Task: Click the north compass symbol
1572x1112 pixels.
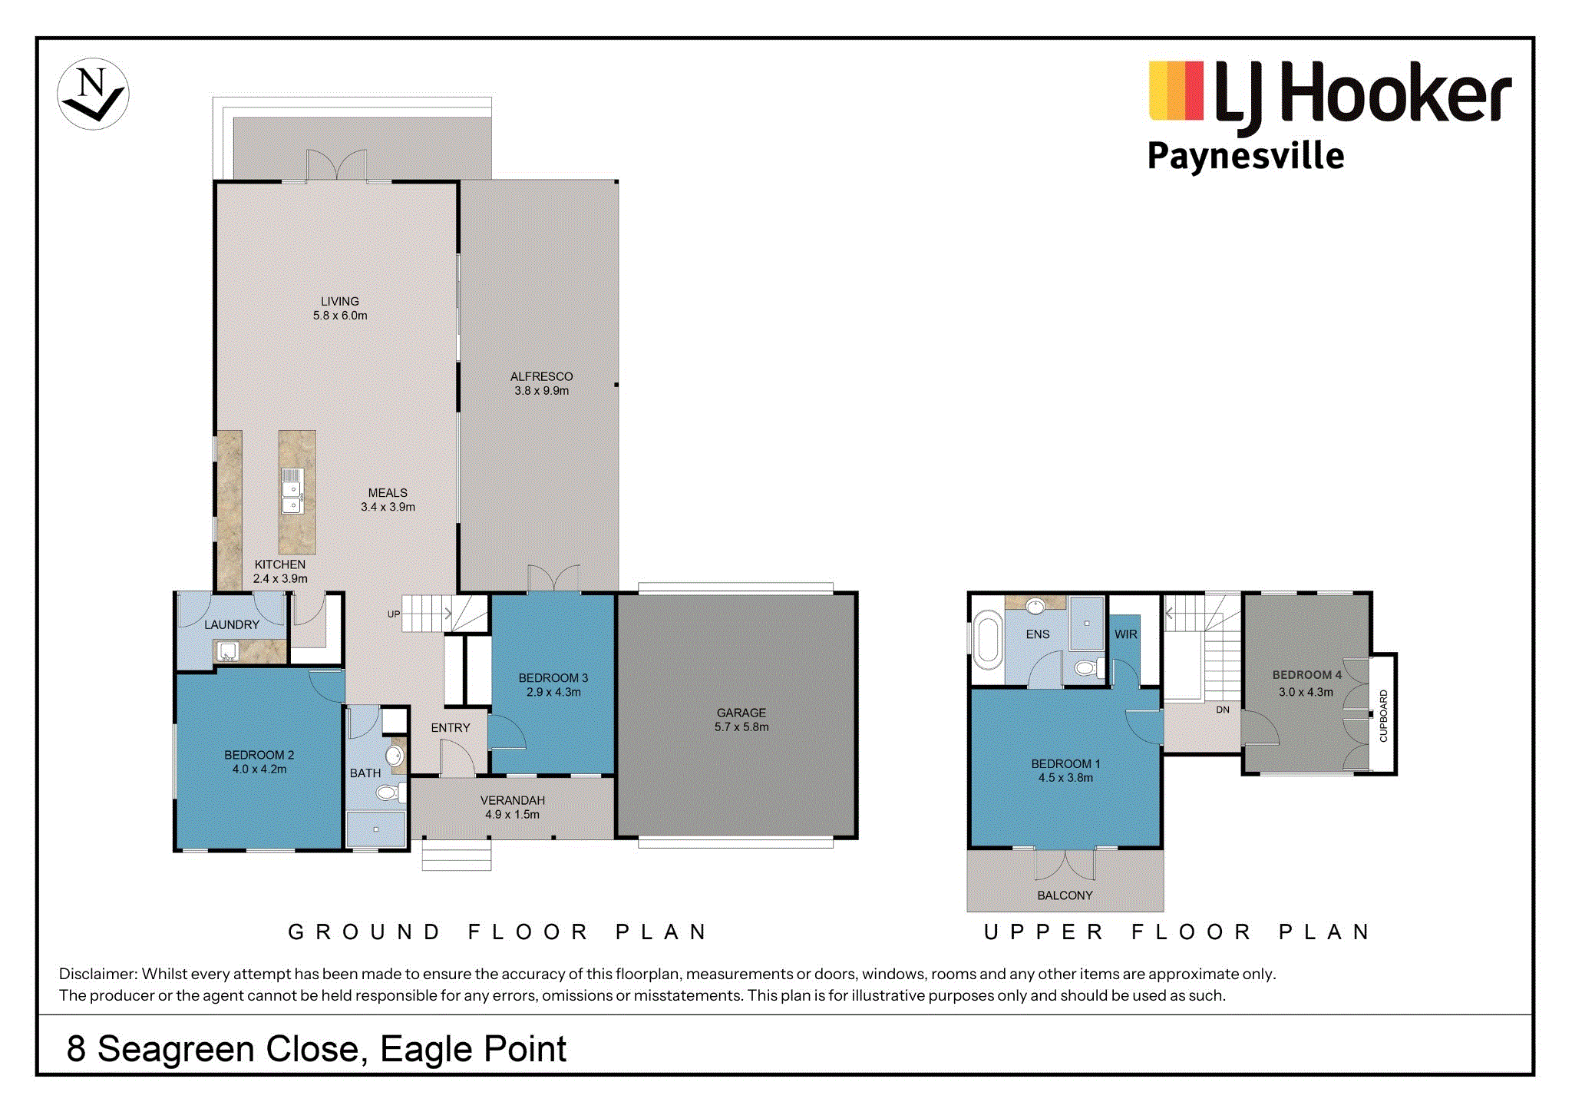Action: tap(93, 94)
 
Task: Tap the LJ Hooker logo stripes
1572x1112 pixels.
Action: tap(1175, 91)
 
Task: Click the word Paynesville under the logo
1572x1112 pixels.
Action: tap(1245, 157)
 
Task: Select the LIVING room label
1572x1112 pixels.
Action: tap(340, 302)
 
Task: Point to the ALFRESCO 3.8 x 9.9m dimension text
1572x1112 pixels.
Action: tap(542, 391)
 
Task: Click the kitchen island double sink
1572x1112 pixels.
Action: tap(292, 491)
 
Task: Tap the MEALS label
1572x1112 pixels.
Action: tap(388, 493)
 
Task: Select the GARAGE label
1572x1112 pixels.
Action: tap(741, 713)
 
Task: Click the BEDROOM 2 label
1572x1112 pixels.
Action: tap(259, 755)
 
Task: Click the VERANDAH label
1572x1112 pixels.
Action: tap(513, 800)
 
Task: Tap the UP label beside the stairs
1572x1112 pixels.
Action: tap(394, 614)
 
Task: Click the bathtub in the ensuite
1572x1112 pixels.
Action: tap(988, 640)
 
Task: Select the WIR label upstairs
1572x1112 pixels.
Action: tap(1126, 634)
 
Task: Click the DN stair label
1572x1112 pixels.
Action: tap(1223, 710)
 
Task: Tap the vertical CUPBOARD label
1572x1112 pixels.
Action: tap(1384, 716)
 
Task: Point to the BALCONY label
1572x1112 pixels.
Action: tap(1065, 895)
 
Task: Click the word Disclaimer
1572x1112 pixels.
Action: tap(97, 974)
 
